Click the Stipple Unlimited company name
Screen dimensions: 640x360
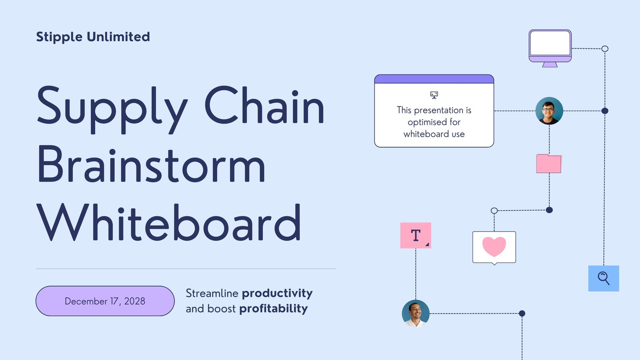pos(93,37)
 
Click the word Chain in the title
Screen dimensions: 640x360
pos(264,105)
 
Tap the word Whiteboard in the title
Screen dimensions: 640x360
pos(168,222)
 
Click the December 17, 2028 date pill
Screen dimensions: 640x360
pos(105,301)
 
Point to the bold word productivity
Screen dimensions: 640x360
pos(277,294)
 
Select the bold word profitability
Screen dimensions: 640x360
pos(274,309)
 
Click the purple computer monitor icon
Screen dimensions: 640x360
pos(550,48)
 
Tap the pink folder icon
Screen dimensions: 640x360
pos(549,164)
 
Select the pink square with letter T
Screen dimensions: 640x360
pos(416,236)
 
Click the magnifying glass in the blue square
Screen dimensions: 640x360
pos(604,278)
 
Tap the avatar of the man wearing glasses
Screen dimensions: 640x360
pos(549,111)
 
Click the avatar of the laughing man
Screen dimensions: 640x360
pos(416,314)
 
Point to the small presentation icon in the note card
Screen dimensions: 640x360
pos(434,95)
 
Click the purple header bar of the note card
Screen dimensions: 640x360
pos(434,79)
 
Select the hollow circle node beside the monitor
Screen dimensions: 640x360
pos(605,48)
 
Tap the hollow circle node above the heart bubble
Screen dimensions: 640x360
pos(494,210)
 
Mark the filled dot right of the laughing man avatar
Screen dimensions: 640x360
pos(522,314)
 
